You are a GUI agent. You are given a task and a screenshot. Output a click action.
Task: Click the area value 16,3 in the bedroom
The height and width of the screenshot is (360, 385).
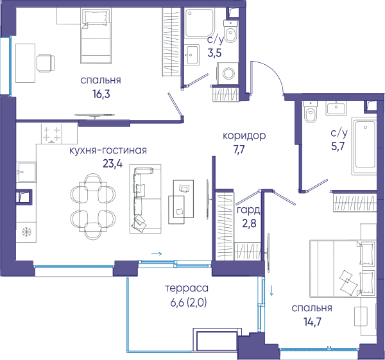(101, 94)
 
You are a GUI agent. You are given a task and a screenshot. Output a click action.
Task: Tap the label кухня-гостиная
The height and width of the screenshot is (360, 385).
(108, 150)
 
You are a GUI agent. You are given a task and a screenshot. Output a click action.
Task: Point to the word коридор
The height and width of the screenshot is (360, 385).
(244, 135)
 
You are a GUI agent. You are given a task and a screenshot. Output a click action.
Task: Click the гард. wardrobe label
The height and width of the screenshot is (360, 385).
(248, 210)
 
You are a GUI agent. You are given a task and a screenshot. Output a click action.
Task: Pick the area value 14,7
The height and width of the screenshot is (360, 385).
(312, 321)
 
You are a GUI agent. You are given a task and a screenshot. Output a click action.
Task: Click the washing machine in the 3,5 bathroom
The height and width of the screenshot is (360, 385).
(227, 73)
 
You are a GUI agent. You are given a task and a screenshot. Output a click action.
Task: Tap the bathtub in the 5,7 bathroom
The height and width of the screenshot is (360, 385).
(364, 146)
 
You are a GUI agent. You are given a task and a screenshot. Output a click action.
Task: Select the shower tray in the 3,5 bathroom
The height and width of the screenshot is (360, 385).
(199, 23)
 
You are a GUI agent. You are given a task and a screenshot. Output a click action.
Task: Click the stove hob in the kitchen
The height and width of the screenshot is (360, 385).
(51, 133)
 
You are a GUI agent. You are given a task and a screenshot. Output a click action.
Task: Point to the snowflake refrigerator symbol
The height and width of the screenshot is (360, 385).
(26, 232)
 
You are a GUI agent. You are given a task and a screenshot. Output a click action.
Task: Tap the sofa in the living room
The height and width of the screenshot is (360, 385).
(146, 199)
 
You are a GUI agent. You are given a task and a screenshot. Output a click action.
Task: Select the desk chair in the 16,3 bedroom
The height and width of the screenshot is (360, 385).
(46, 63)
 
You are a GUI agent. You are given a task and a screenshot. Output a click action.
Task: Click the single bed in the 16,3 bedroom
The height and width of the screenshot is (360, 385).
(96, 36)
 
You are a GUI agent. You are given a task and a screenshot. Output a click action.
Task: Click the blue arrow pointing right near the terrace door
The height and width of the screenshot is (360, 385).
(157, 253)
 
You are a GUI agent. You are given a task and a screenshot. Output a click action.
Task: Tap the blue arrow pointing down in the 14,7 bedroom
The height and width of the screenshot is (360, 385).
(271, 290)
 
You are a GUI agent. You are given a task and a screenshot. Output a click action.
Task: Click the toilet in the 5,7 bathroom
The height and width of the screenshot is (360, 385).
(311, 112)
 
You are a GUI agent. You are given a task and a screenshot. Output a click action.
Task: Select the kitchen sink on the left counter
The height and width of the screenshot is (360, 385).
(26, 172)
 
